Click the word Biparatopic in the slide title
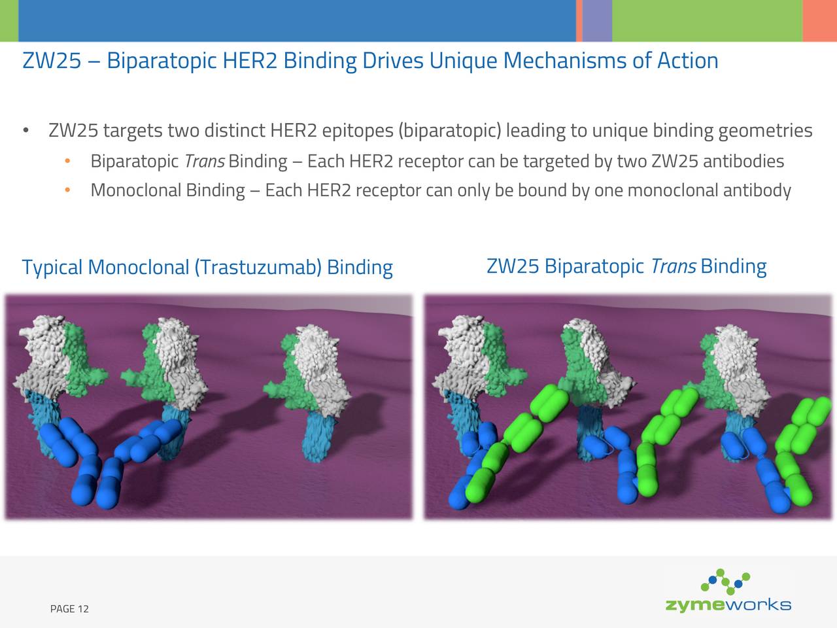[x=161, y=61]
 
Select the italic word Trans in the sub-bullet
[x=204, y=161]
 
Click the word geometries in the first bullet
[x=765, y=131]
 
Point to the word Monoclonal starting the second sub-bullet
[x=135, y=190]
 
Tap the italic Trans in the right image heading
[x=673, y=266]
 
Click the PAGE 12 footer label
[x=69, y=609]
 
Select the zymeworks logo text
[x=728, y=605]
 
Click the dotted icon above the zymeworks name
[x=725, y=581]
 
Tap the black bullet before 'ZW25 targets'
[x=26, y=131]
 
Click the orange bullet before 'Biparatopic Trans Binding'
[x=67, y=161]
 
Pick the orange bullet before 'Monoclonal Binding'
[x=67, y=190]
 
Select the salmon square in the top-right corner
[x=820, y=20]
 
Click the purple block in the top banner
[x=597, y=20]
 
